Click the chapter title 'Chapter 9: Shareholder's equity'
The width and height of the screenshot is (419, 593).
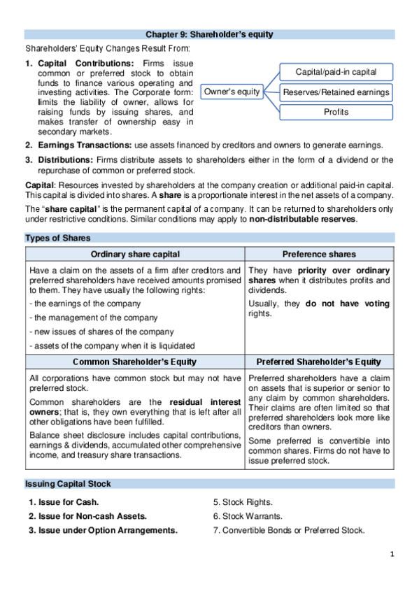click(x=209, y=34)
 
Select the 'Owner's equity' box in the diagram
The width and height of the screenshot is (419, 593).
click(x=232, y=92)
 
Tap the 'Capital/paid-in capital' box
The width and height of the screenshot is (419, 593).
click(x=336, y=72)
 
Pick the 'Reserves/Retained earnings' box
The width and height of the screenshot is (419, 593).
click(x=336, y=92)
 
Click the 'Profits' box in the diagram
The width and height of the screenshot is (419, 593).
click(x=336, y=112)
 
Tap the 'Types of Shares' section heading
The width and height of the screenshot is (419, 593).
click(x=57, y=238)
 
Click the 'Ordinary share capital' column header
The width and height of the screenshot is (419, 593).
click(x=135, y=254)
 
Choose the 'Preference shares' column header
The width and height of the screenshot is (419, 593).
click(x=318, y=254)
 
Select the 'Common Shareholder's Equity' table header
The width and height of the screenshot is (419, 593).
click(x=135, y=362)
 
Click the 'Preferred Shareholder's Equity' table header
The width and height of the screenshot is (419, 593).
click(x=318, y=362)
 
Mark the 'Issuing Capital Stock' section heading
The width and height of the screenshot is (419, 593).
click(x=68, y=484)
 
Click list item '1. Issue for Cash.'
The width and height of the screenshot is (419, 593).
click(x=64, y=502)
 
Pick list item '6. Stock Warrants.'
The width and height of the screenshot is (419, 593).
click(x=247, y=516)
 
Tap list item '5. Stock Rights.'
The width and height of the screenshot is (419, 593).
click(x=243, y=502)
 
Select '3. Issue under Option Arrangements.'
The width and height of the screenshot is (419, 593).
click(x=103, y=530)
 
